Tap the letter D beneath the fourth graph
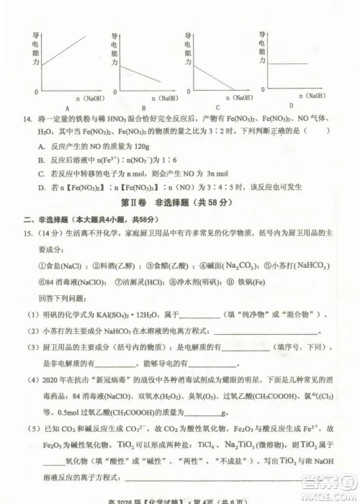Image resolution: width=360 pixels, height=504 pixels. (x=291, y=105)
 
